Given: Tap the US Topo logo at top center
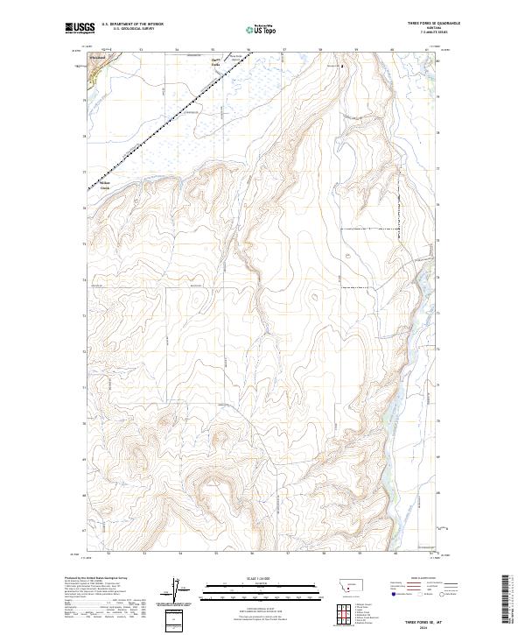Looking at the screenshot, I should point(262,30).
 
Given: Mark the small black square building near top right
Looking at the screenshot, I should point(343,65).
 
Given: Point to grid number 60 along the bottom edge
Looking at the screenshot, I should point(395,554).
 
